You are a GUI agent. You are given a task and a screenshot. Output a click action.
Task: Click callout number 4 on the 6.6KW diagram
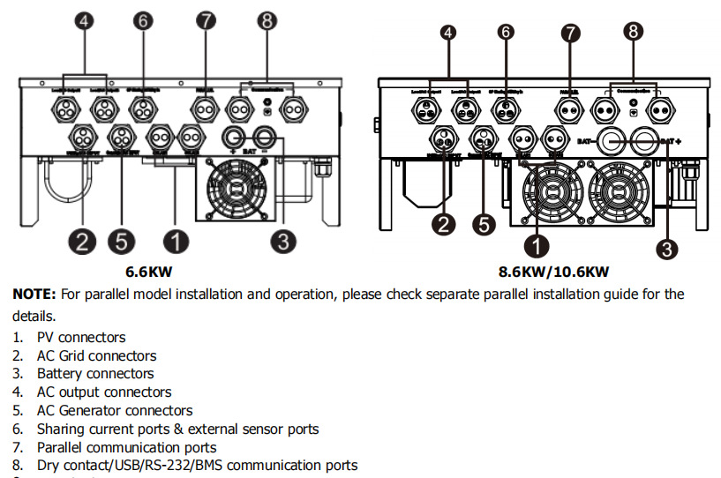[x=85, y=22]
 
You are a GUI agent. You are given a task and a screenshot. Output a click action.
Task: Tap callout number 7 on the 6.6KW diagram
[x=206, y=22]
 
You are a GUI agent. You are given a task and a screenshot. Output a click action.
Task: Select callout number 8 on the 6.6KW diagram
[x=266, y=22]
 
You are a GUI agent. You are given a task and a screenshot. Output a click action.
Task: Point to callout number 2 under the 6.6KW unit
[x=82, y=240]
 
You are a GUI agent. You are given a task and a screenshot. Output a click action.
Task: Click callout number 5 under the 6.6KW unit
[x=121, y=240]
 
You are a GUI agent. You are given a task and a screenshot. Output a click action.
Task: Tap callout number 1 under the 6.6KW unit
[x=176, y=240]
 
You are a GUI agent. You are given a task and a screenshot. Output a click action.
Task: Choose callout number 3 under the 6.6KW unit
[x=283, y=240]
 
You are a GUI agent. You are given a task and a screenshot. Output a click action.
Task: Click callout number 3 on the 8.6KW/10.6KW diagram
[x=667, y=249]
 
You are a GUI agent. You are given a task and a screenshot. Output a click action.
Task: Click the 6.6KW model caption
[x=156, y=272]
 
